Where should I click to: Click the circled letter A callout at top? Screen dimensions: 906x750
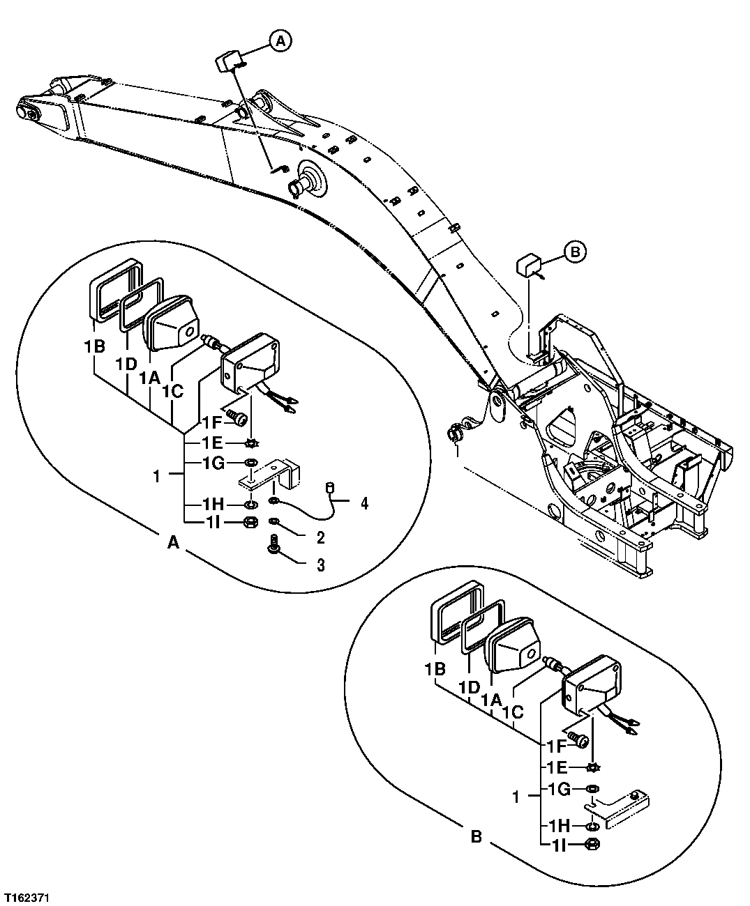click(280, 42)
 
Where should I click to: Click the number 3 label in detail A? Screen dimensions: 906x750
click(320, 565)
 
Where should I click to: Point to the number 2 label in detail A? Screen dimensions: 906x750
click(320, 537)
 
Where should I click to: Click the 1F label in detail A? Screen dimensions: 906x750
click(212, 422)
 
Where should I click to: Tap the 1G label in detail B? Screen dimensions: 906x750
click(560, 790)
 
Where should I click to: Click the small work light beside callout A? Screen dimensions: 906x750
click(228, 61)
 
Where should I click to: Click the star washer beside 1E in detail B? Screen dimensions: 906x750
click(593, 767)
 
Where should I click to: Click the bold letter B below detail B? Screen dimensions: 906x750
click(476, 836)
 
